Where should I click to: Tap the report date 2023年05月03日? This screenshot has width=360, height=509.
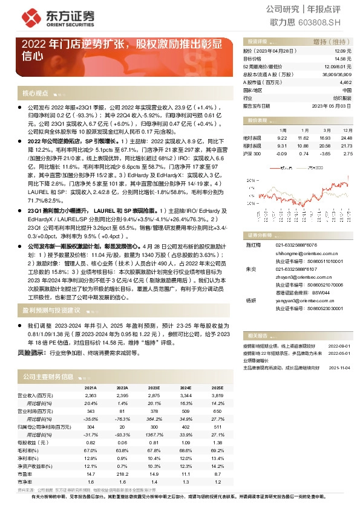click(332, 105)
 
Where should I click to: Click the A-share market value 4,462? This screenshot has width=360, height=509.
click(345, 82)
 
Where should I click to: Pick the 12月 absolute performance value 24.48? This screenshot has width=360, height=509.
click(346, 138)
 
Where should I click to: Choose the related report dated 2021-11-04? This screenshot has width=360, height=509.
click(340, 366)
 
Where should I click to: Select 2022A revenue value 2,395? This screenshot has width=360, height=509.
click(122, 395)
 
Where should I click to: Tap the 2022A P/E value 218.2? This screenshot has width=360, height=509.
click(122, 474)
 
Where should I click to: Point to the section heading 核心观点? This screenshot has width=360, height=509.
click(36, 94)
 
